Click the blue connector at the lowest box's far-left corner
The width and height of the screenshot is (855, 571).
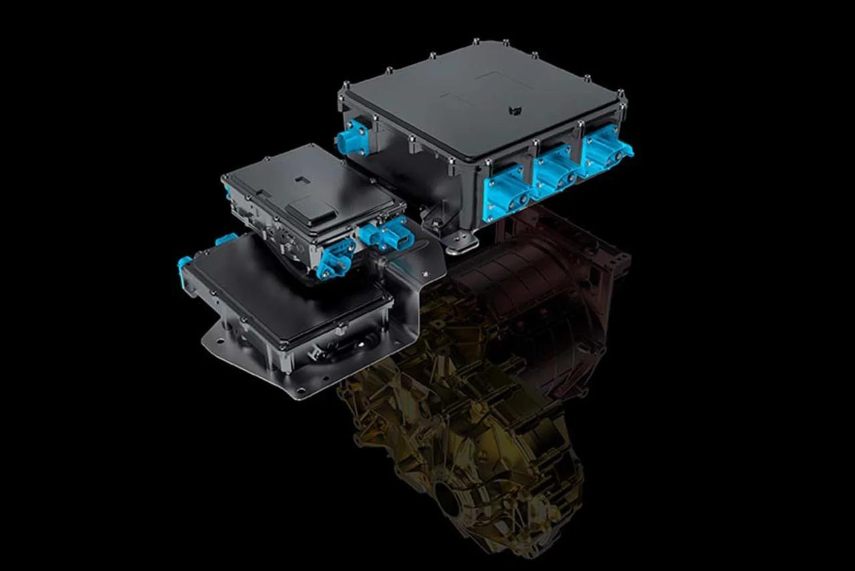(184, 266)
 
